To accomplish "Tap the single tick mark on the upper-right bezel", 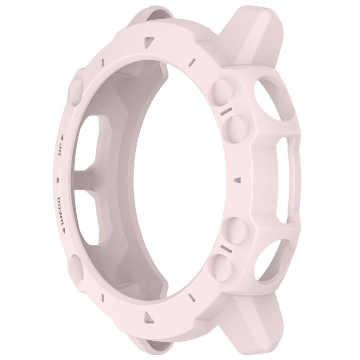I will click(x=192, y=61).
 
